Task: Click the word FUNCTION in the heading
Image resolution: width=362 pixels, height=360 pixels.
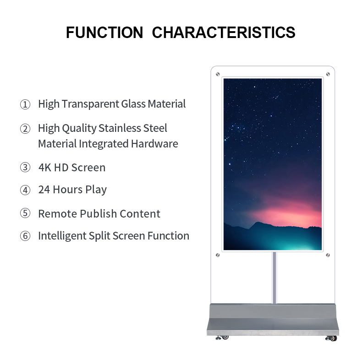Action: pyautogui.click(x=104, y=33)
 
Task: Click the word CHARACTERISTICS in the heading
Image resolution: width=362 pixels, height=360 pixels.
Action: pyautogui.click(x=224, y=33)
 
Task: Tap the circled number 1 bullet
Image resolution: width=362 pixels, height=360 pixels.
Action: pyautogui.click(x=25, y=104)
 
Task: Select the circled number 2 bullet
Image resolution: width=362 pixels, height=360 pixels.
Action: pyautogui.click(x=25, y=129)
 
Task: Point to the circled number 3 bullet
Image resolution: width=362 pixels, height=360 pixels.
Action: pyautogui.click(x=25, y=167)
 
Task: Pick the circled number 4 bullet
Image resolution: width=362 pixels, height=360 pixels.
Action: pyautogui.click(x=25, y=190)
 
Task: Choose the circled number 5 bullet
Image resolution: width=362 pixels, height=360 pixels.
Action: pyautogui.click(x=25, y=213)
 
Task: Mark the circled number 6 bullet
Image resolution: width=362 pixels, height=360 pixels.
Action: pyautogui.click(x=25, y=236)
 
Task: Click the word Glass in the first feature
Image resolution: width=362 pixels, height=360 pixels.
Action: pyautogui.click(x=133, y=104)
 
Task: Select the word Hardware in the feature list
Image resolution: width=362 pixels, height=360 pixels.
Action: pyautogui.click(x=154, y=143)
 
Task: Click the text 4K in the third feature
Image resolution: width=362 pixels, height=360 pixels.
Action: pyautogui.click(x=45, y=168)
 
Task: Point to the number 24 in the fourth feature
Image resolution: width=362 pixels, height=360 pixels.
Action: pyautogui.click(x=44, y=190)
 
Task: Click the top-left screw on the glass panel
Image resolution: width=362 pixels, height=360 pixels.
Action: pyautogui.click(x=218, y=74)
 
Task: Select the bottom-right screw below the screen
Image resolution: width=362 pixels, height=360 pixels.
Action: pyautogui.click(x=328, y=255)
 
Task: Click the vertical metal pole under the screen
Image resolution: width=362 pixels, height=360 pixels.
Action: pyautogui.click(x=274, y=278)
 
